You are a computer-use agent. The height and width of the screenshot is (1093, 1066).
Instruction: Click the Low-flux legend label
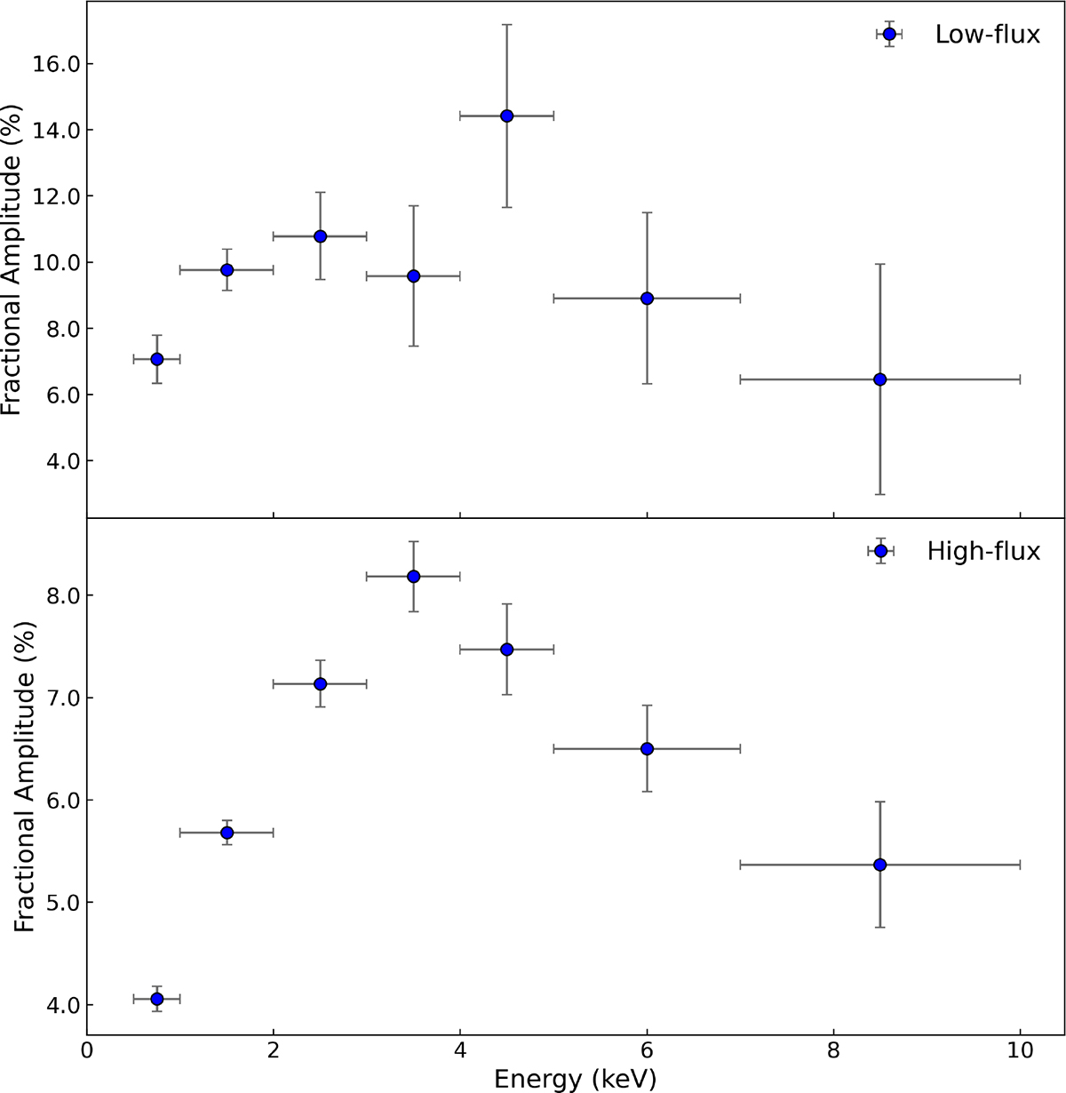coord(987,36)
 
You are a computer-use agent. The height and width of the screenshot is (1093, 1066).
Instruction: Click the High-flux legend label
coord(983,552)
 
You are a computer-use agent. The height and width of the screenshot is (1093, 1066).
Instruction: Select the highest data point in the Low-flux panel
coord(506,116)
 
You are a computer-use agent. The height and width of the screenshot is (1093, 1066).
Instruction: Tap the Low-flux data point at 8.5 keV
coord(879,379)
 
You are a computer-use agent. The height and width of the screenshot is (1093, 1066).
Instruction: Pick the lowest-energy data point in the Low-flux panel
coord(156,359)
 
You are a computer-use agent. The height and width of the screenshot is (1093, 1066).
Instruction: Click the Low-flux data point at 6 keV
coord(647,299)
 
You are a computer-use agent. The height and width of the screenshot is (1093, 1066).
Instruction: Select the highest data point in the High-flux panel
coord(413,577)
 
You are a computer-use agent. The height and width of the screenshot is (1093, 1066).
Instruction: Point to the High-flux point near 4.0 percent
coord(156,999)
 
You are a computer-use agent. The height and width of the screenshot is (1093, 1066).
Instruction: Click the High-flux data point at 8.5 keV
coord(879,865)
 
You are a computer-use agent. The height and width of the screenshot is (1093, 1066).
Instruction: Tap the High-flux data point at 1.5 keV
coord(227,833)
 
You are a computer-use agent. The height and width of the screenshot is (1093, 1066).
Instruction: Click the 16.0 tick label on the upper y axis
coord(56,65)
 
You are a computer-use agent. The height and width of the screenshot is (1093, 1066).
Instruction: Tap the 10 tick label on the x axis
coord(1020,1049)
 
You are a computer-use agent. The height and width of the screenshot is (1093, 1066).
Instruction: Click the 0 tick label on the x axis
coord(86,1049)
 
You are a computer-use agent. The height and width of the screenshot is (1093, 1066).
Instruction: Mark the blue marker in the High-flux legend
coord(880,551)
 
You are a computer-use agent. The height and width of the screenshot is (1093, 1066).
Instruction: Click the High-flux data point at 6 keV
coord(647,749)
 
